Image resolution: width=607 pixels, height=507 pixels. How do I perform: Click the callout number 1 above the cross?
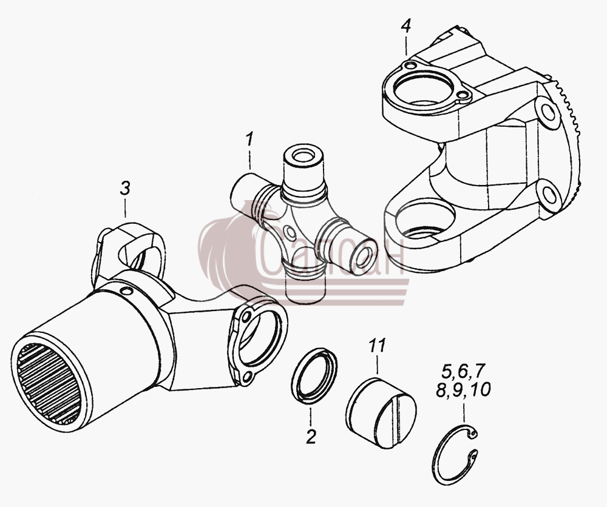click(249, 139)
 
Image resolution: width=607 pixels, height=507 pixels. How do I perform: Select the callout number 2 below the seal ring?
click(311, 437)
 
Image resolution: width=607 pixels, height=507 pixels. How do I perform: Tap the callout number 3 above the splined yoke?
click(124, 189)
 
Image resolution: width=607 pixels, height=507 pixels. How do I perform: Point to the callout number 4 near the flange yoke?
click(405, 26)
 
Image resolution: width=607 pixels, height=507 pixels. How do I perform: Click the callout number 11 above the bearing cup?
click(377, 345)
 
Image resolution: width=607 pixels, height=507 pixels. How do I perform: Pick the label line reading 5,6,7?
click(463, 371)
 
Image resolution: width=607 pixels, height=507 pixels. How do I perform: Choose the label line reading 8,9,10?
click(463, 389)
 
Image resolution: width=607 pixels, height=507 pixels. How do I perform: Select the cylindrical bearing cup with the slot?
click(381, 412)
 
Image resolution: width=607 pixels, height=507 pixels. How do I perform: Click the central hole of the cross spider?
click(289, 232)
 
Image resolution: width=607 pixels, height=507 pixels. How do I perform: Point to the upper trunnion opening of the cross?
click(303, 156)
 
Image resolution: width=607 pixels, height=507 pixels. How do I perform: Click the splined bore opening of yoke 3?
click(49, 383)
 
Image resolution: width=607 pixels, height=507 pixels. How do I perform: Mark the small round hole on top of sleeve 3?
click(126, 291)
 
